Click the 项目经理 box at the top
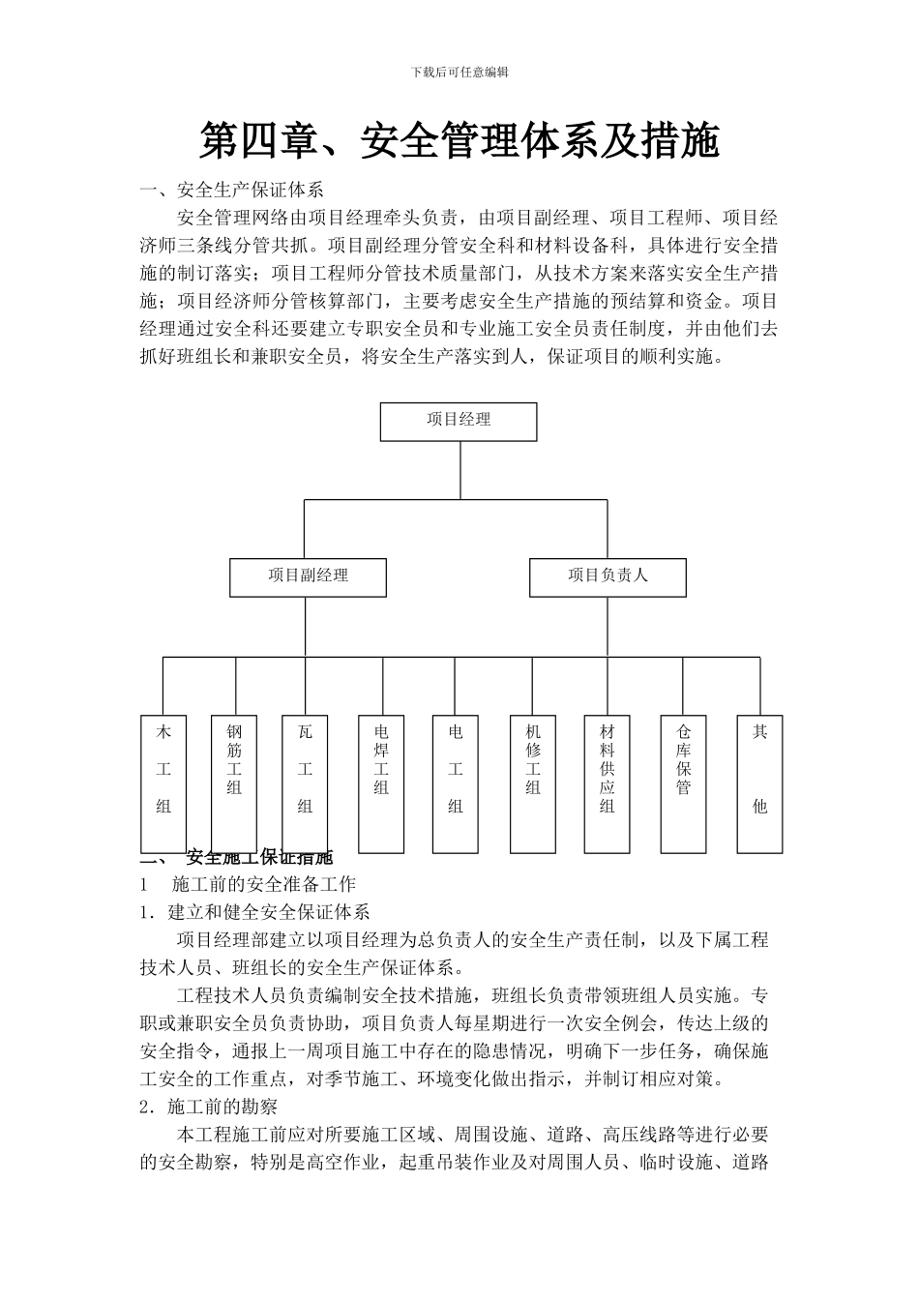point(459,421)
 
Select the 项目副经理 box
point(308,576)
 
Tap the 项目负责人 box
point(608,576)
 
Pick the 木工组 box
point(163,783)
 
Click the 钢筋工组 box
point(234,783)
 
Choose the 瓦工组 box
point(305,783)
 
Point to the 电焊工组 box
point(381,783)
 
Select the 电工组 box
point(456,783)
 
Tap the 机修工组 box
point(533,783)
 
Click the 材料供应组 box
point(608,783)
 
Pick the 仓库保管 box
point(684,783)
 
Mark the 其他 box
point(759,783)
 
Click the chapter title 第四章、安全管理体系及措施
point(459,141)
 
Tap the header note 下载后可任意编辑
point(459,72)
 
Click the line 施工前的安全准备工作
point(263,884)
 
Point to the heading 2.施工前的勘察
point(209,1107)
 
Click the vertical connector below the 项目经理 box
point(459,470)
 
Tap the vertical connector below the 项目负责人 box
point(608,626)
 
